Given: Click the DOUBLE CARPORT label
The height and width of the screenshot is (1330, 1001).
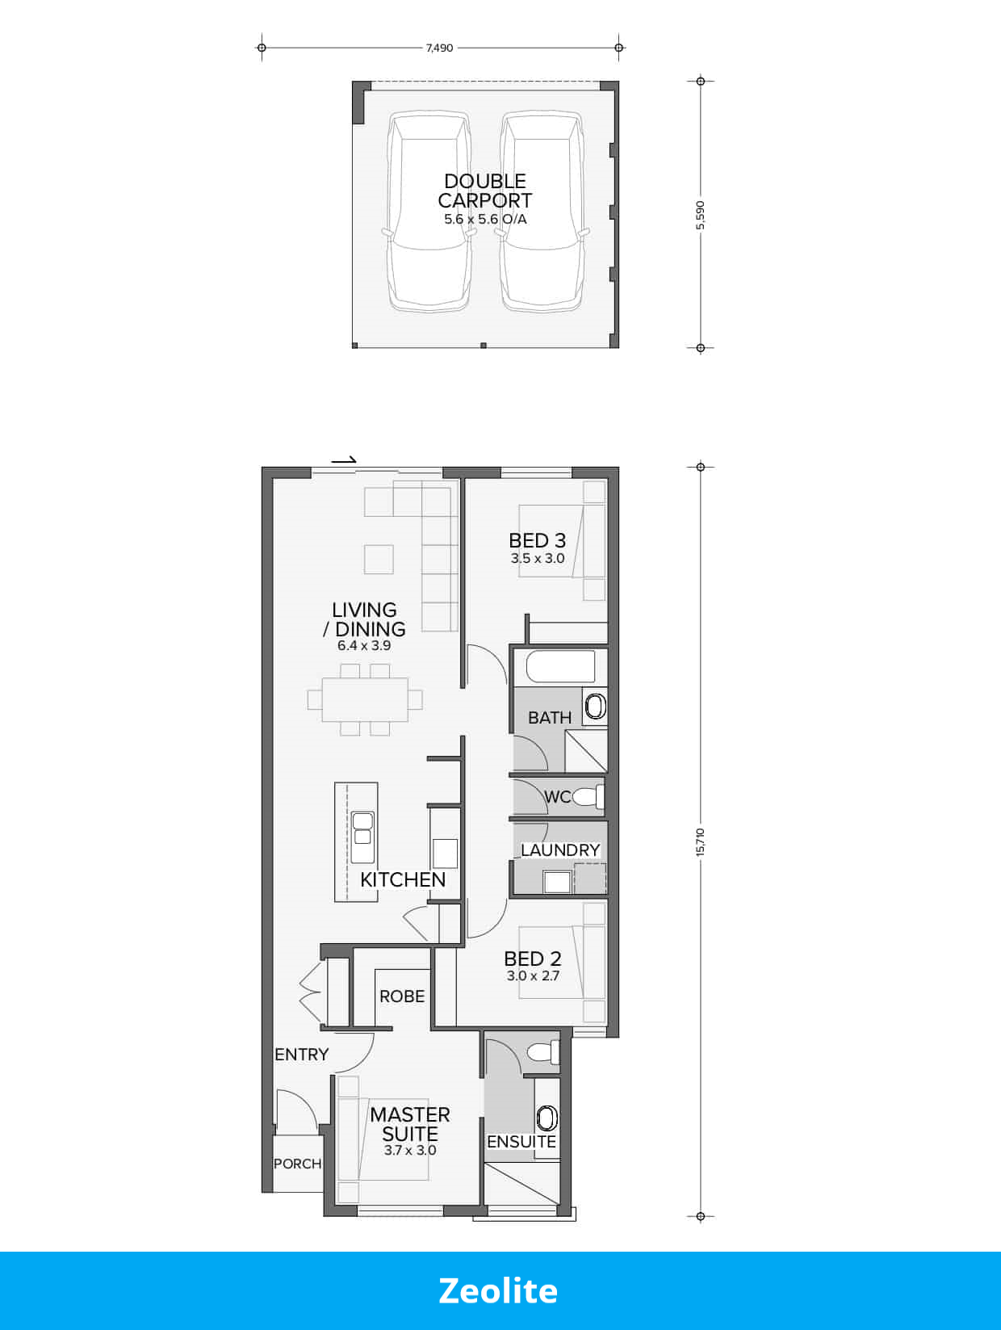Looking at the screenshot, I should coord(485,191).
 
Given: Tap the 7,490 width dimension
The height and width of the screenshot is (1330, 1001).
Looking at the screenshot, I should coord(439,48).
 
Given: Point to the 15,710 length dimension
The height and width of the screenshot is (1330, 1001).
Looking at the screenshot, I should coord(701,841).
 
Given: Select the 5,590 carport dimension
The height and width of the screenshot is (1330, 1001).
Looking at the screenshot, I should coord(701,215).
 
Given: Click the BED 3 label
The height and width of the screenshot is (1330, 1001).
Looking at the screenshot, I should coord(537,540).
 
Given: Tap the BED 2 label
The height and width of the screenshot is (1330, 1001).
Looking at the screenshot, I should coord(532,959).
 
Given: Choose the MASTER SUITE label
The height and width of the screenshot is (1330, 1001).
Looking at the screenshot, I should coord(410,1124).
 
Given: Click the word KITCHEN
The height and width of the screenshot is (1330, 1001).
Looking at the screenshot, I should coord(403,879).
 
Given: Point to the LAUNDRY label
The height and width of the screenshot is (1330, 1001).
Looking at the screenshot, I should coord(559,850).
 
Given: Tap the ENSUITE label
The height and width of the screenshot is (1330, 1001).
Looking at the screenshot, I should coord(521,1141).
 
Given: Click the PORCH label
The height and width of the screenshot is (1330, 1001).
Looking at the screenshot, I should coord(297,1164).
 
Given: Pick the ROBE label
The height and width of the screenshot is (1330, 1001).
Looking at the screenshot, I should coord(402,996).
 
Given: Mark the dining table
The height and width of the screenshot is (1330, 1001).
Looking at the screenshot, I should coord(365,699).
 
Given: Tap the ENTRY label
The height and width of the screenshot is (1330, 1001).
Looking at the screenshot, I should coord(301,1054).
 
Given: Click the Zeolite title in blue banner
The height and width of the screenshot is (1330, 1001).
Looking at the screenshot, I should coord(498,1290).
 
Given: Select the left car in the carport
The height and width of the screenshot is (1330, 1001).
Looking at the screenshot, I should coord(428,212).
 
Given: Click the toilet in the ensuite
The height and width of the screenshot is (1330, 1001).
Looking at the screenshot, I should coord(542,1051).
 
